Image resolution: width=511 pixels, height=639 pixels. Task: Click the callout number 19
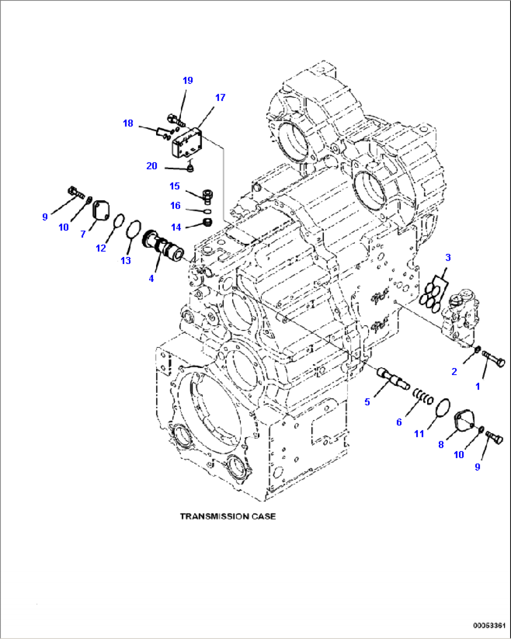[188, 81]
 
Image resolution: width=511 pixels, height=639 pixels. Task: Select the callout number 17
[220, 98]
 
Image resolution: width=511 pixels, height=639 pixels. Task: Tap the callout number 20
[151, 166]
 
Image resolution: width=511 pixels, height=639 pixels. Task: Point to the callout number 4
[151, 278]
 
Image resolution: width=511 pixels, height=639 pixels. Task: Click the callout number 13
[126, 261]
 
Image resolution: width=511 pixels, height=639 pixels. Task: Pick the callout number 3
[448, 257]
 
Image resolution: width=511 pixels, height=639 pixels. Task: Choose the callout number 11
[419, 434]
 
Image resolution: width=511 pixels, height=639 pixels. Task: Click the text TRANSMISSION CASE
[228, 516]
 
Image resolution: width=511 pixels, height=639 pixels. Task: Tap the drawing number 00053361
[489, 625]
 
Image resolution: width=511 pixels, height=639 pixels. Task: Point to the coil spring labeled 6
[423, 398]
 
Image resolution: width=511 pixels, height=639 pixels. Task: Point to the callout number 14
[176, 227]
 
